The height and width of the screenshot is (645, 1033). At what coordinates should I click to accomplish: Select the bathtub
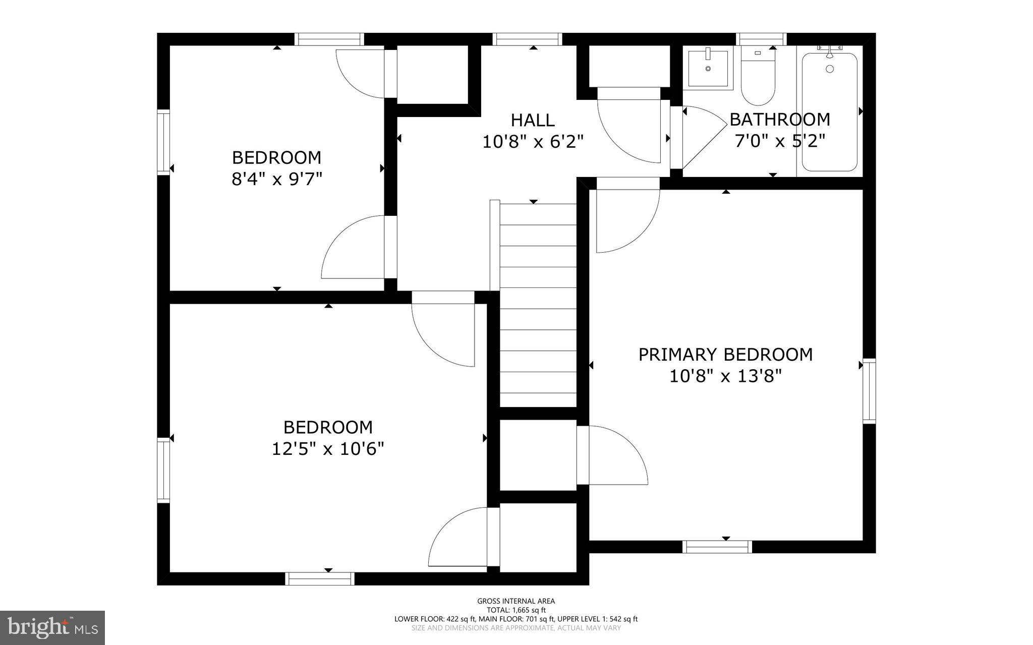coord(829,112)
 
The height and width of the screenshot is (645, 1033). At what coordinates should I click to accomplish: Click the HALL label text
coord(533,121)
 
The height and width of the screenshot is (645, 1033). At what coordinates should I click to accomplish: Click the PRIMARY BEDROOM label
coord(725,355)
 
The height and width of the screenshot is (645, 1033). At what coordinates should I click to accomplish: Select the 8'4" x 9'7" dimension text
coord(276,179)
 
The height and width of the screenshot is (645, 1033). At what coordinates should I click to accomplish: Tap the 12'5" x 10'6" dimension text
coord(328,449)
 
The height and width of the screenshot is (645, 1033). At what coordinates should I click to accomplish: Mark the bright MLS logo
coord(52,627)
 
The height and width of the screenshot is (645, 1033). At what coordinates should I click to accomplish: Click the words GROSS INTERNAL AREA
coord(516,601)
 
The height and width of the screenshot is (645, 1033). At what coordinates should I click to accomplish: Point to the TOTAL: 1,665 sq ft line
coord(516,610)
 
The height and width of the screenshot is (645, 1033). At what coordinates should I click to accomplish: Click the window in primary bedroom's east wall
coord(869,391)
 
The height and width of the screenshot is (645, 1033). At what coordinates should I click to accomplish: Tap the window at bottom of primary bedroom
coord(717,547)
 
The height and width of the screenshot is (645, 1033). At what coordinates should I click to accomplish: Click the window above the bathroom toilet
coord(761,39)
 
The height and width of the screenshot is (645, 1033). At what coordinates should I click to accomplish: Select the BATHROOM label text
coord(779,120)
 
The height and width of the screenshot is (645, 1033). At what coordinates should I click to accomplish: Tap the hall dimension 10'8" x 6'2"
coord(533,142)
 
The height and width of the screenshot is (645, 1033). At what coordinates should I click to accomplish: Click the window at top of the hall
coord(527,39)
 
